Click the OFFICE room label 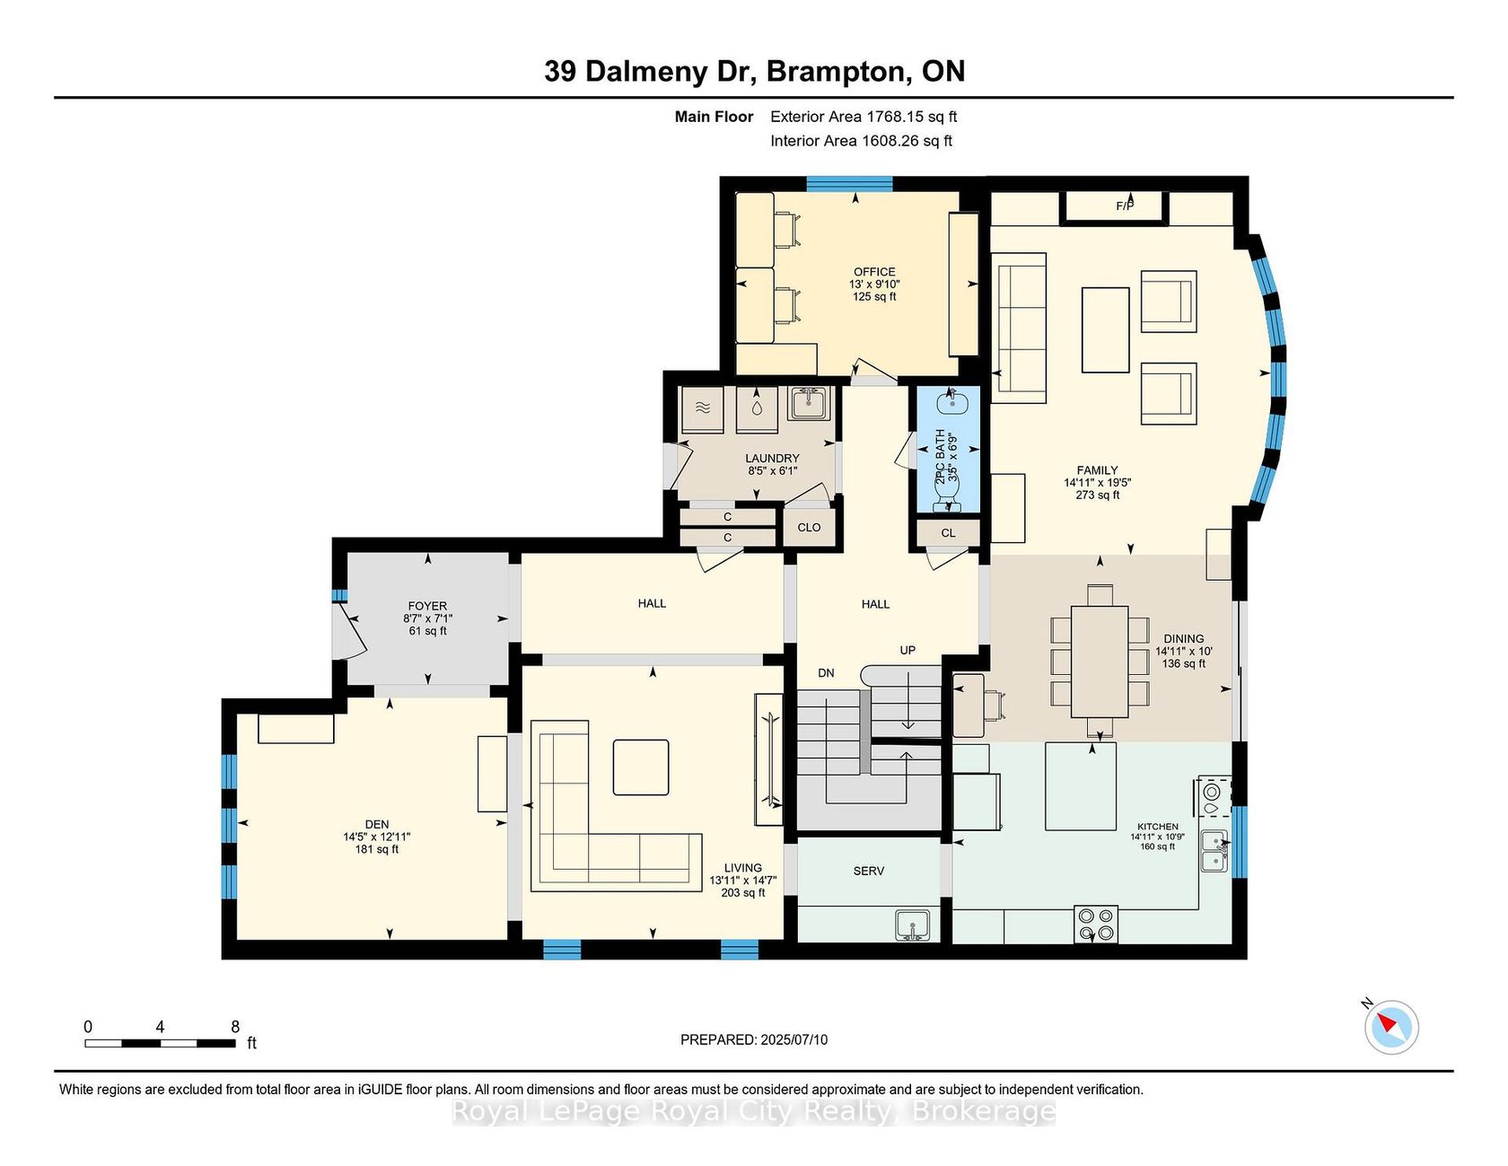click(874, 272)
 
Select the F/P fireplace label click(1125, 206)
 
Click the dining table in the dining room click(1100, 662)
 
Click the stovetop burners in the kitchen click(1096, 925)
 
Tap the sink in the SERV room click(913, 925)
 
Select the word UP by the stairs click(907, 650)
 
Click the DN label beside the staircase click(826, 673)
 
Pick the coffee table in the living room click(641, 767)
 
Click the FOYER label click(427, 606)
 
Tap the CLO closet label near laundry click(809, 528)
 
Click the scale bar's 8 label click(235, 1027)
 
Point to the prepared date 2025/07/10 click(793, 1039)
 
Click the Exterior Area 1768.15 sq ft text click(864, 117)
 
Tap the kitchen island click(1081, 786)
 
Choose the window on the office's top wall click(849, 184)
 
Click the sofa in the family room click(1020, 329)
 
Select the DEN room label click(377, 824)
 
